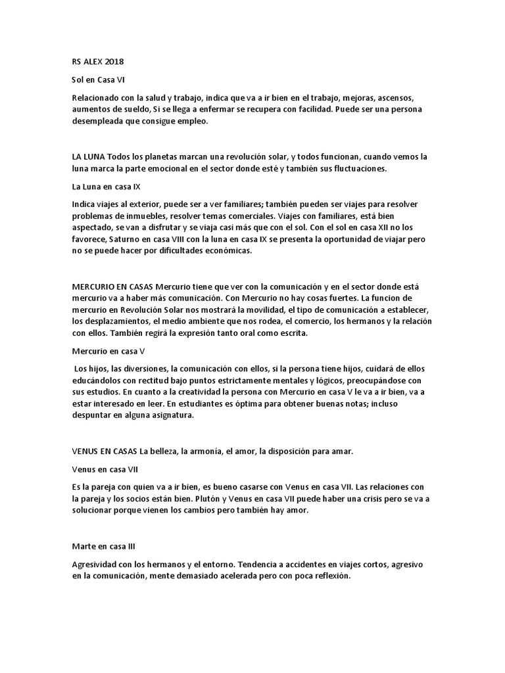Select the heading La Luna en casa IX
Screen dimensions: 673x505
point(106,187)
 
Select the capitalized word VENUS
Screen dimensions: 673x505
point(85,451)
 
